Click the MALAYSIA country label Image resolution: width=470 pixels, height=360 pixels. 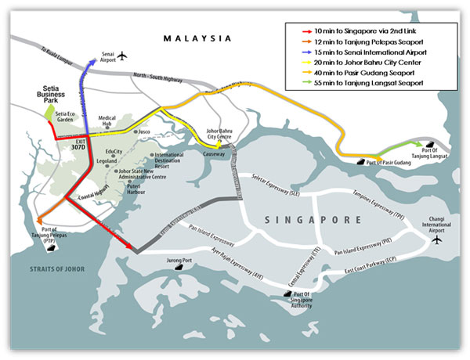click(197, 38)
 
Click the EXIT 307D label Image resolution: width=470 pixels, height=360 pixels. click(77, 146)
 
